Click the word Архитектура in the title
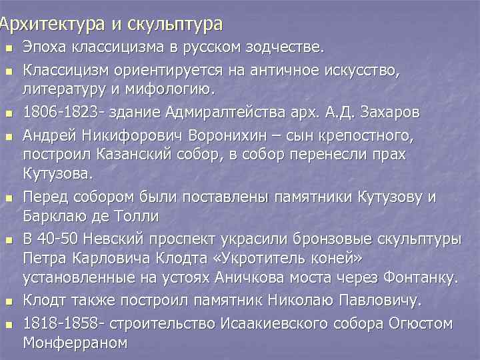51,25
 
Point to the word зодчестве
289,48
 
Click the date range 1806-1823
56,112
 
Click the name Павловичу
370,301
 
